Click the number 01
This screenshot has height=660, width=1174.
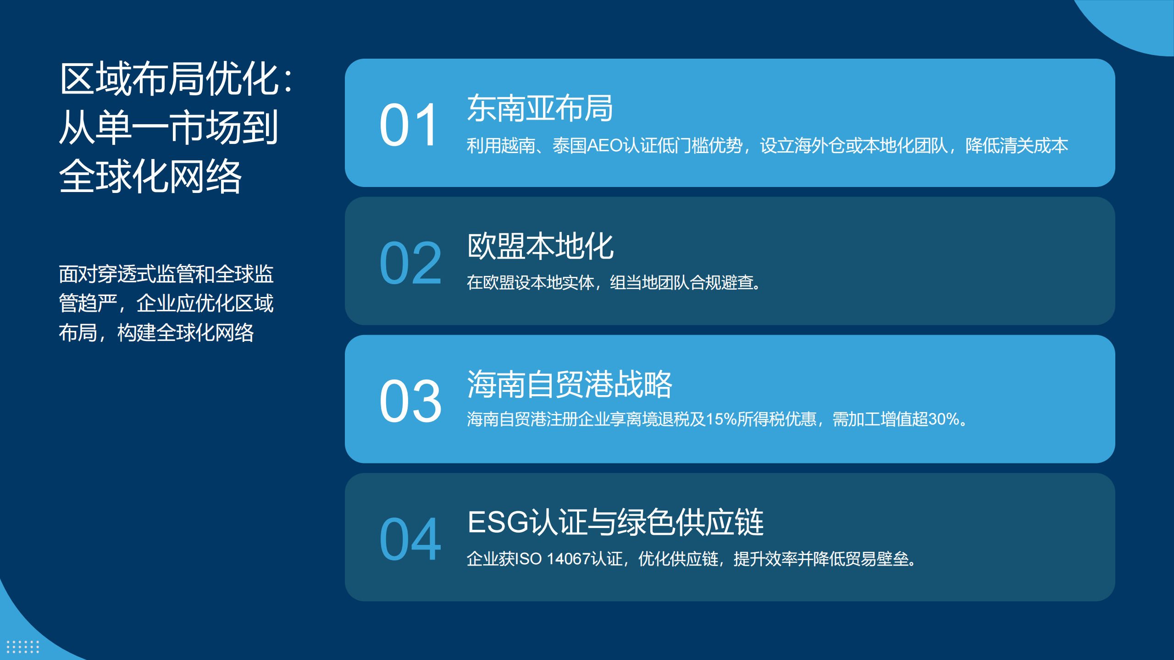pyautogui.click(x=409, y=125)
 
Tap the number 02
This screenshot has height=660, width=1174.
pyautogui.click(x=410, y=263)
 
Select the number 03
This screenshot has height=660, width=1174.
pyautogui.click(x=410, y=401)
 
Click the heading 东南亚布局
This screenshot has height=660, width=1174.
pyautogui.click(x=540, y=108)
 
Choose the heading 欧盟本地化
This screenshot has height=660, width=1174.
pyautogui.click(x=540, y=246)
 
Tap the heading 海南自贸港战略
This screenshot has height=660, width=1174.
pyautogui.click(x=570, y=384)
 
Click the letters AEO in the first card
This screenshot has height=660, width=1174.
pyautogui.click(x=604, y=146)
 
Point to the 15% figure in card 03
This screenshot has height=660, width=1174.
pyautogui.click(x=721, y=419)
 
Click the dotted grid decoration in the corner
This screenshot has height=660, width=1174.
pyautogui.click(x=23, y=647)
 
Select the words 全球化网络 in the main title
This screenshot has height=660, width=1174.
pyautogui.click(x=150, y=176)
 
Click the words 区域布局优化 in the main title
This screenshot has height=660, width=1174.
pyautogui.click(x=169, y=79)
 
